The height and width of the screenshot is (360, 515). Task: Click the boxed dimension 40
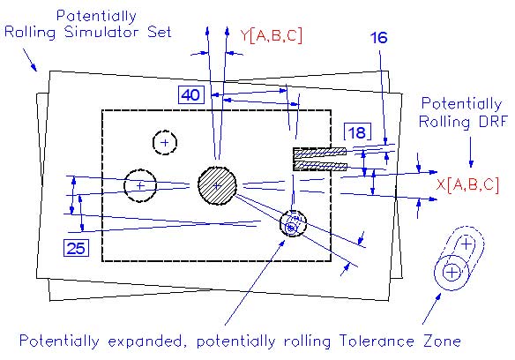tap(190, 95)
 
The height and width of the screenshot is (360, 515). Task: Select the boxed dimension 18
tap(358, 132)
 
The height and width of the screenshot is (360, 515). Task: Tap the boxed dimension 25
tap(76, 248)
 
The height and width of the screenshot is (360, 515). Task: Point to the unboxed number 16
tap(378, 37)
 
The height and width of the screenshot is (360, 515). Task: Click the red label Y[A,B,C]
tap(271, 35)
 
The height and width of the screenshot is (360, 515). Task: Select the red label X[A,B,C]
tap(467, 184)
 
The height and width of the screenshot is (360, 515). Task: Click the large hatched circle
tap(217, 186)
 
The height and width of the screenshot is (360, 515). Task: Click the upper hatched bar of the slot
tap(319, 152)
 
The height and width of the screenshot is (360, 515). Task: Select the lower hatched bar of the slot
tap(321, 166)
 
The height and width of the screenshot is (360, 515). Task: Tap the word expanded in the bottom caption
tap(145, 341)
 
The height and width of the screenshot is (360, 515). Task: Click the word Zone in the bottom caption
tap(442, 341)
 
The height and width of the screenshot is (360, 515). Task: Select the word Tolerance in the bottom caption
tap(377, 341)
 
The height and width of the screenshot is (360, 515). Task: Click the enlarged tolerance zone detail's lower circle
tap(452, 273)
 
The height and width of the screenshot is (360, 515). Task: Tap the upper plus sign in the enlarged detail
tap(466, 244)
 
